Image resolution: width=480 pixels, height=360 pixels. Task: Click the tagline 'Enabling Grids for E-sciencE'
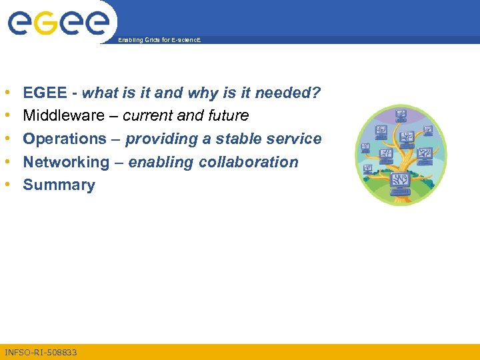click(x=159, y=40)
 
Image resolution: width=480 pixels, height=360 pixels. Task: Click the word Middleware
click(x=64, y=116)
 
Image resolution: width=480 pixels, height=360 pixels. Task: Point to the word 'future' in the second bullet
click(x=228, y=116)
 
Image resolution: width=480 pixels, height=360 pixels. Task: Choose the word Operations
click(x=65, y=139)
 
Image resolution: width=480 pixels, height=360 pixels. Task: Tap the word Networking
click(x=65, y=163)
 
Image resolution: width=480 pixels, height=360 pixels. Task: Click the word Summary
click(x=59, y=185)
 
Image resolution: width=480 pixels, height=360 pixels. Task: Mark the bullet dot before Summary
click(x=6, y=185)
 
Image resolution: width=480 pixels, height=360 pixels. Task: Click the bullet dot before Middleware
click(x=6, y=116)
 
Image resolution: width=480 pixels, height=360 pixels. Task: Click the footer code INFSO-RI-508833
click(x=41, y=351)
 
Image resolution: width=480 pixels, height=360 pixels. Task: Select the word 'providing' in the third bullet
click(x=157, y=139)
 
